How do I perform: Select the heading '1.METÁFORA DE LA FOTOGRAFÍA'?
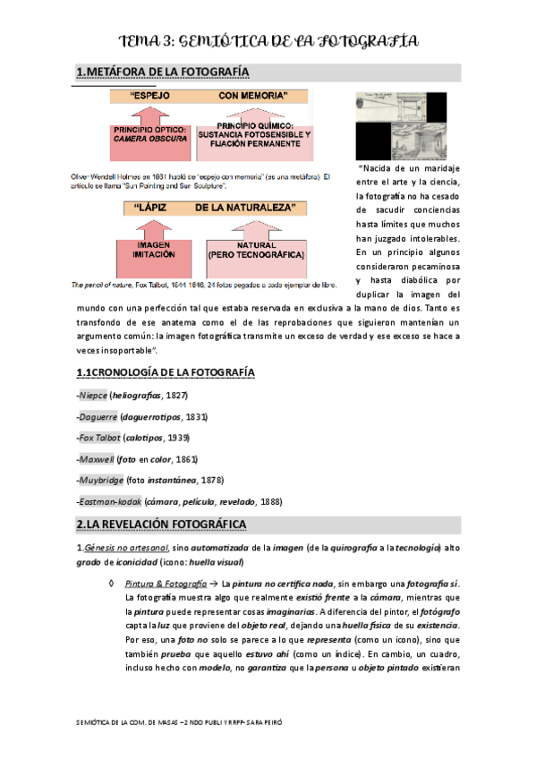click(162, 72)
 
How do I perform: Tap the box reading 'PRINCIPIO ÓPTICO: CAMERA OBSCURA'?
click(150, 135)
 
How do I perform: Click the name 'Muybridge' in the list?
click(101, 481)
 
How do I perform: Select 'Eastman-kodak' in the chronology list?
click(109, 502)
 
